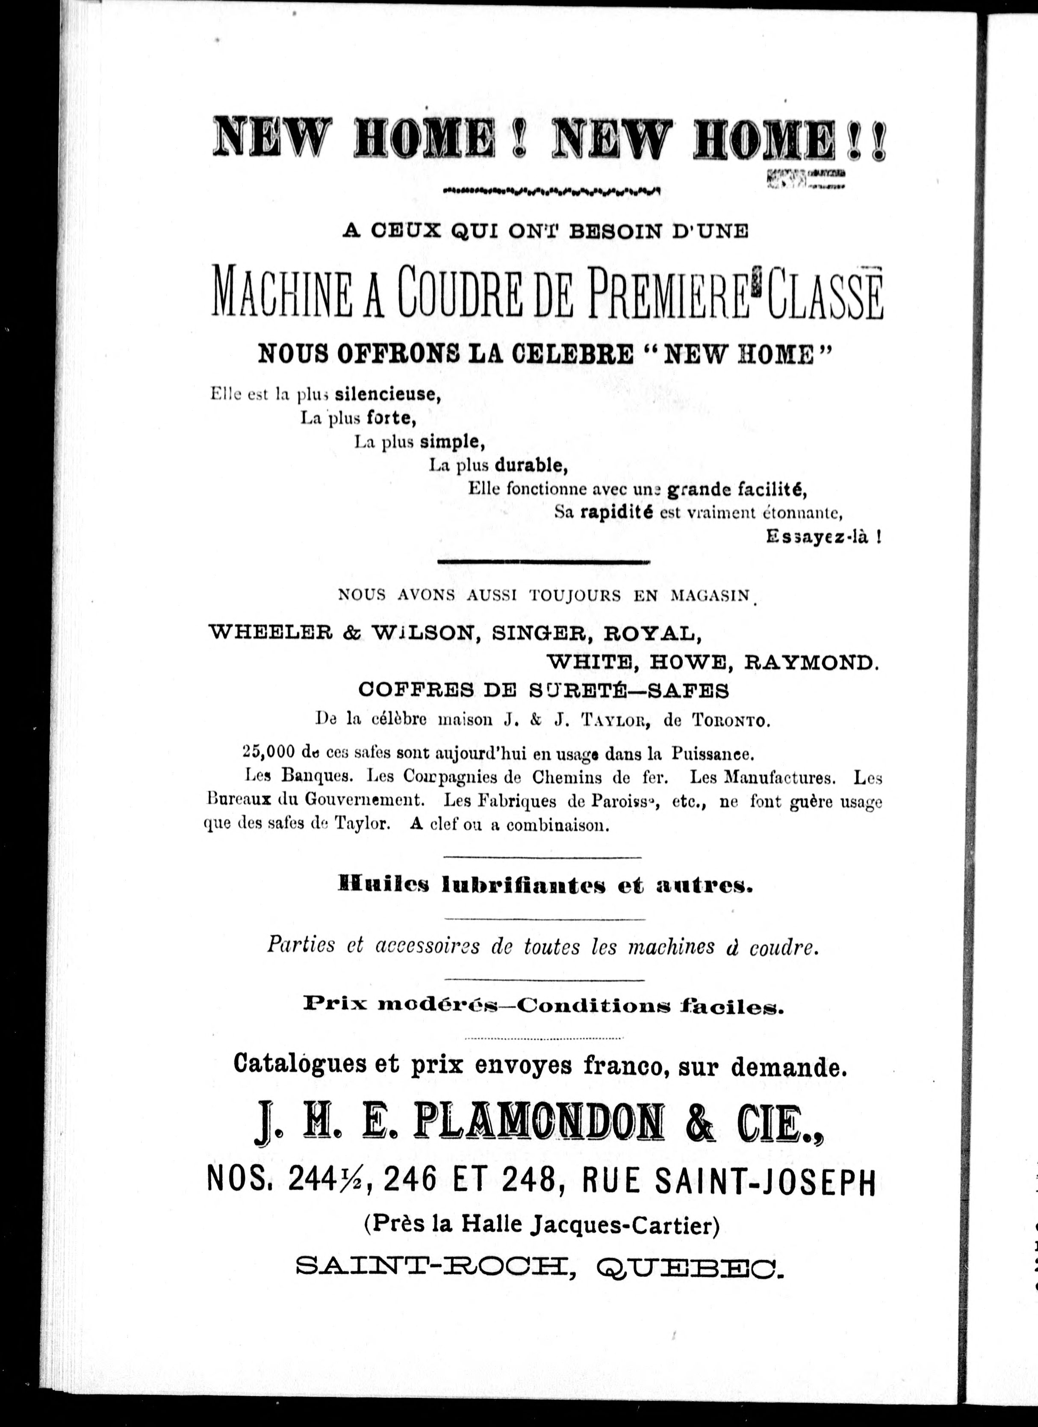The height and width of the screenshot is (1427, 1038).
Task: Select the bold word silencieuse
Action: click(x=387, y=394)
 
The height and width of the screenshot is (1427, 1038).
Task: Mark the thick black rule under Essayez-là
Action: click(x=543, y=561)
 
